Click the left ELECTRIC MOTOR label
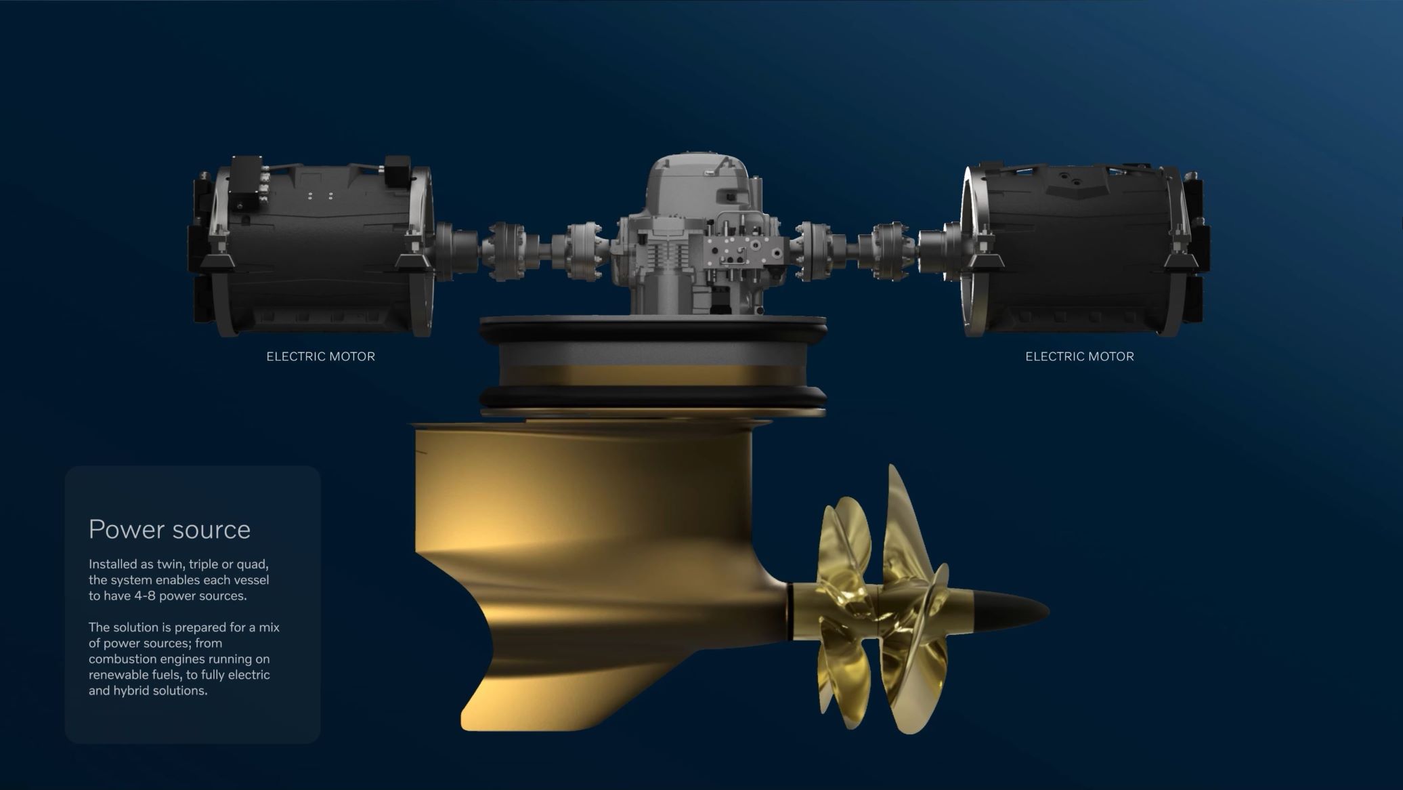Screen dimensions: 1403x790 pos(320,356)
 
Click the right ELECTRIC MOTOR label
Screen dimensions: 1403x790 pos(1079,356)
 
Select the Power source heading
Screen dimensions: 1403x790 pos(169,529)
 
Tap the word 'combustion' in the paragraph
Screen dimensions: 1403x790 pos(121,659)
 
